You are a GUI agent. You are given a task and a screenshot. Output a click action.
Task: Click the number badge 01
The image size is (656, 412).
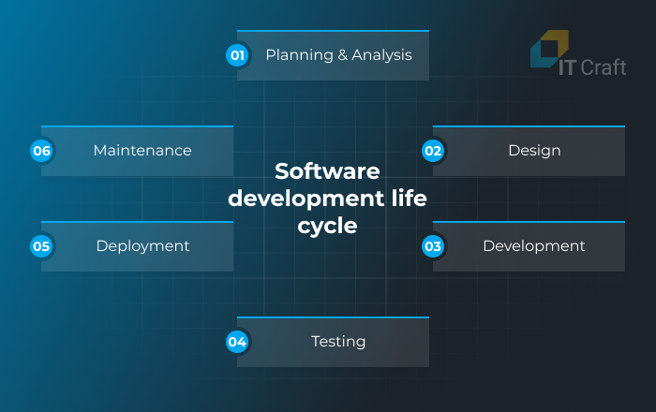pyautogui.click(x=237, y=55)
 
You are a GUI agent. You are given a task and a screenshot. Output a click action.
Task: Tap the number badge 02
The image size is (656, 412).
pyautogui.click(x=433, y=151)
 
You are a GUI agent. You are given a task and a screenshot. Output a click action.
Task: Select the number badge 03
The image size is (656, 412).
pyautogui.click(x=433, y=246)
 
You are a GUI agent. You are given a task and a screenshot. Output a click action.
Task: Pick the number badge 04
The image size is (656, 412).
pyautogui.click(x=237, y=342)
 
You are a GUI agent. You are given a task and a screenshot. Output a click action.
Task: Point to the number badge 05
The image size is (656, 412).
pyautogui.click(x=41, y=246)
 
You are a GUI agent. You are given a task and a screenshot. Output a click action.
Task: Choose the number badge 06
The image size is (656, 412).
pyautogui.click(x=41, y=151)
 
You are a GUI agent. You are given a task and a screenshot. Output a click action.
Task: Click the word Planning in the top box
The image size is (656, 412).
pyautogui.click(x=293, y=55)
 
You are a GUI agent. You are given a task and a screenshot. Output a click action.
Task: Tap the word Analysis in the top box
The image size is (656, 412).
pyautogui.click(x=381, y=55)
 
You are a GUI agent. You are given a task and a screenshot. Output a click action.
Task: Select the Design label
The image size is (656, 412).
pyautogui.click(x=534, y=151)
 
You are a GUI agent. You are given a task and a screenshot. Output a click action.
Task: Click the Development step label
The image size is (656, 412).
pyautogui.click(x=534, y=246)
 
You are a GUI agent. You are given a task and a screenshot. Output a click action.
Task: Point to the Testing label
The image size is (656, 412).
pyautogui.click(x=338, y=342)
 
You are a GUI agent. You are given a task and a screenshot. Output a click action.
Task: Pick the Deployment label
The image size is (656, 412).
pyautogui.click(x=142, y=246)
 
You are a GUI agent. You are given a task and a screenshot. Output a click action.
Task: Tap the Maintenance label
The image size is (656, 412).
pyautogui.click(x=142, y=151)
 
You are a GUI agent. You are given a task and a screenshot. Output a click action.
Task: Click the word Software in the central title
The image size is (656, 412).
pyautogui.click(x=327, y=172)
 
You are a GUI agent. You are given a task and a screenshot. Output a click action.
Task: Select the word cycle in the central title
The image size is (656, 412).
pyautogui.click(x=327, y=226)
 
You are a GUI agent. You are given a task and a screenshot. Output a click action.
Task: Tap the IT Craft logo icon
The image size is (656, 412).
pyautogui.click(x=549, y=49)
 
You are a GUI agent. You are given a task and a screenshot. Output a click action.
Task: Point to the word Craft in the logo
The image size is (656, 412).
pyautogui.click(x=604, y=68)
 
